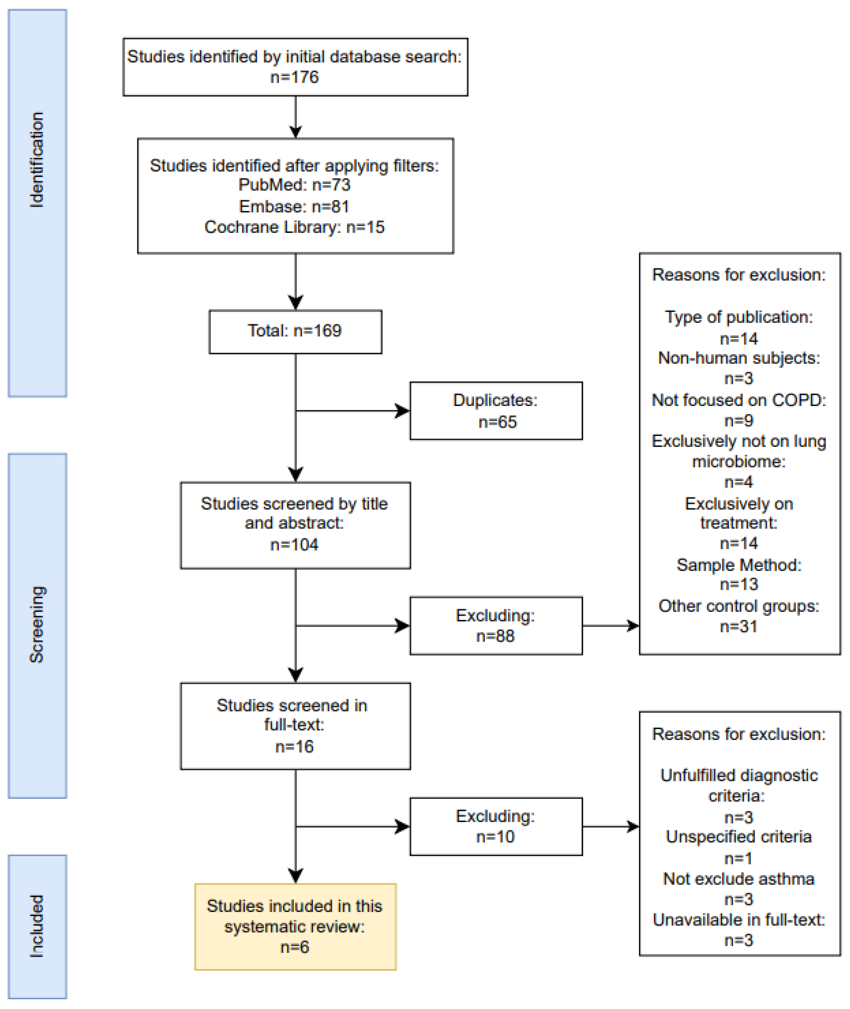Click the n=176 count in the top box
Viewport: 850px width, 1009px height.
(x=294, y=77)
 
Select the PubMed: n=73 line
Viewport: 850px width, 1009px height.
(x=294, y=185)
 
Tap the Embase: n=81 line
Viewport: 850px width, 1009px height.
(x=294, y=206)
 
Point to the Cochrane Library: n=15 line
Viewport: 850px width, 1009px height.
(x=294, y=227)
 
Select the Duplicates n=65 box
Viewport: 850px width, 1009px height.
(x=496, y=411)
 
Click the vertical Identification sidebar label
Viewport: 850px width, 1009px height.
(x=37, y=160)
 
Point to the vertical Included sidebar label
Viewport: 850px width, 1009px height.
(x=37, y=926)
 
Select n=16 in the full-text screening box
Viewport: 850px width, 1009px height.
(x=294, y=746)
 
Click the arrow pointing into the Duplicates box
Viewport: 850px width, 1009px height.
(x=401, y=411)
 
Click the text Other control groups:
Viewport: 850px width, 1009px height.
(x=739, y=606)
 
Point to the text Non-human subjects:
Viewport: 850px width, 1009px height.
(x=739, y=358)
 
